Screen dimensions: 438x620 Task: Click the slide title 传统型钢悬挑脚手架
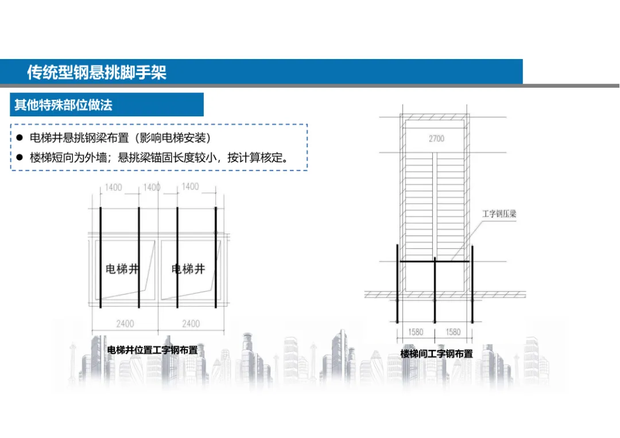click(x=96, y=72)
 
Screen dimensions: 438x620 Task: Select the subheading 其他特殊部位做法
click(x=63, y=105)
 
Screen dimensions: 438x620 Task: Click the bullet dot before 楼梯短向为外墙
click(x=19, y=158)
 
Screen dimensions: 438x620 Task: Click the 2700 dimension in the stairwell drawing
click(x=436, y=138)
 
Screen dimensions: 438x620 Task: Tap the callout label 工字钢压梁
click(x=499, y=214)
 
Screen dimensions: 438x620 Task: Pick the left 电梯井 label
click(x=122, y=268)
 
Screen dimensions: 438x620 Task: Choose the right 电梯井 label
click(x=188, y=268)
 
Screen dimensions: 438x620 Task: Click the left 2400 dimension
click(x=125, y=324)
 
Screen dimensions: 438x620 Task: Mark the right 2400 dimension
click(x=191, y=324)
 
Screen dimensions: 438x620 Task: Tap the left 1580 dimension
click(x=416, y=331)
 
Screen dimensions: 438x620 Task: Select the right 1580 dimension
click(x=453, y=331)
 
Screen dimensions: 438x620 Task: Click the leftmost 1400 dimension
click(x=114, y=187)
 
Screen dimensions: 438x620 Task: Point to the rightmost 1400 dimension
click(x=190, y=186)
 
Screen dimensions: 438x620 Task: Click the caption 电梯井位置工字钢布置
click(x=152, y=350)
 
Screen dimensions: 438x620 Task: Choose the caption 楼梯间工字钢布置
click(x=436, y=354)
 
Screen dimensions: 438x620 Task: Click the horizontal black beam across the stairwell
click(x=435, y=262)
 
